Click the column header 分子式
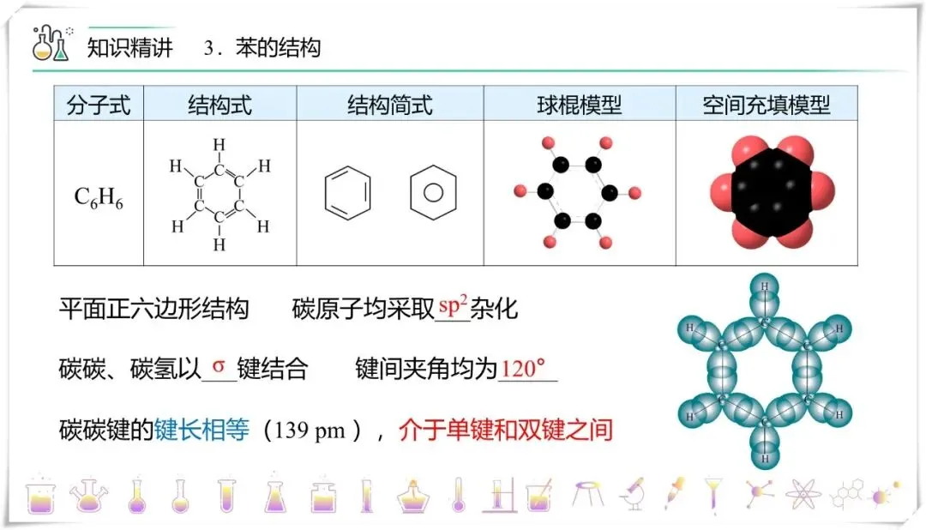99,105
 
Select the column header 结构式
220,105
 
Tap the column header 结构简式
390,105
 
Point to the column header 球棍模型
579,105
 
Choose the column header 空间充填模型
766,105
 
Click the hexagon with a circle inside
434,190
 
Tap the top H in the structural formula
219,145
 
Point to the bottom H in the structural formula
219,245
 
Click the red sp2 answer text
453,305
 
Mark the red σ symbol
219,367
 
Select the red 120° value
523,369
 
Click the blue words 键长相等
201,429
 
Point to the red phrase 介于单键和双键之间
506,429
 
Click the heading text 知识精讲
130,47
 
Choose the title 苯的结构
278,47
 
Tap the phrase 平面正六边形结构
153,307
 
